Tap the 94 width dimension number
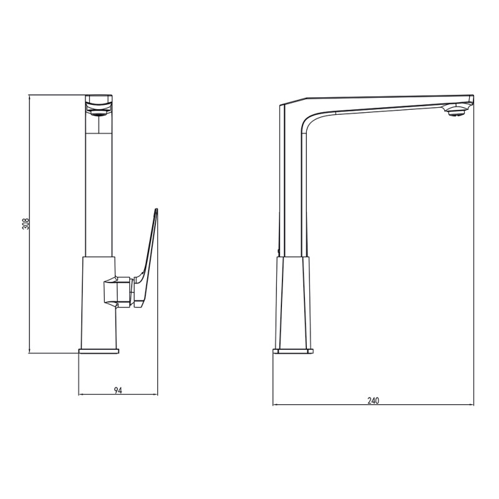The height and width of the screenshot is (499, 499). click(x=118, y=390)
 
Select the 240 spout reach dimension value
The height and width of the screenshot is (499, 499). click(x=373, y=400)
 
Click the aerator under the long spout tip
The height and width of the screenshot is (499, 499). click(x=456, y=111)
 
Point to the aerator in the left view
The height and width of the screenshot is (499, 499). click(x=99, y=112)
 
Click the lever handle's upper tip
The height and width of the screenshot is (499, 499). click(x=157, y=210)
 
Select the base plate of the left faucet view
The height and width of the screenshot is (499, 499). click(x=99, y=351)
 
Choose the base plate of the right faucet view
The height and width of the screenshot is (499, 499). click(x=293, y=351)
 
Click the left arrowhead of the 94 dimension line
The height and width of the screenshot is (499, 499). click(x=80, y=395)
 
